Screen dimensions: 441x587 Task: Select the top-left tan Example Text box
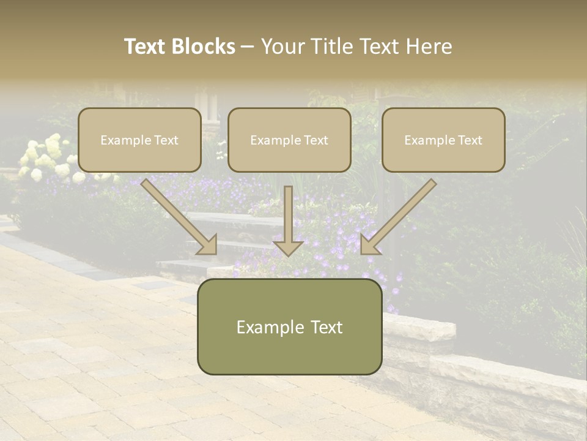(139, 140)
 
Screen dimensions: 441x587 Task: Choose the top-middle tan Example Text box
(289, 140)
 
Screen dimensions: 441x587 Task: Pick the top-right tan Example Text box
(443, 140)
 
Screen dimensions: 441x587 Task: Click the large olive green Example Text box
(289, 326)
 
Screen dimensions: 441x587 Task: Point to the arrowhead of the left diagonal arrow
(208, 245)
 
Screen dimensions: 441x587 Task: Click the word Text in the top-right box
(470, 140)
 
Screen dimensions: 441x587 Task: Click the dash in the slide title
(248, 47)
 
